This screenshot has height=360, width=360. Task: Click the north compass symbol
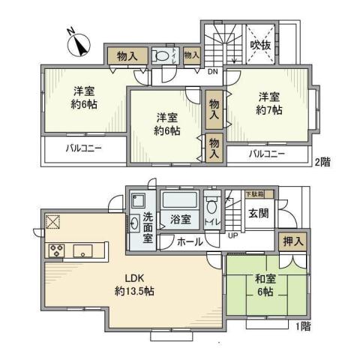click(79, 43)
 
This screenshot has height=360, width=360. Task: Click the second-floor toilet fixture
click(160, 55)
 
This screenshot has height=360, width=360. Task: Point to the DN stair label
click(213, 73)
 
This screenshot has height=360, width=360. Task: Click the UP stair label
click(233, 235)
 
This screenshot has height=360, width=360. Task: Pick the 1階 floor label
click(301, 327)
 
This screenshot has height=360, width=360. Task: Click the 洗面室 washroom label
click(148, 227)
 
